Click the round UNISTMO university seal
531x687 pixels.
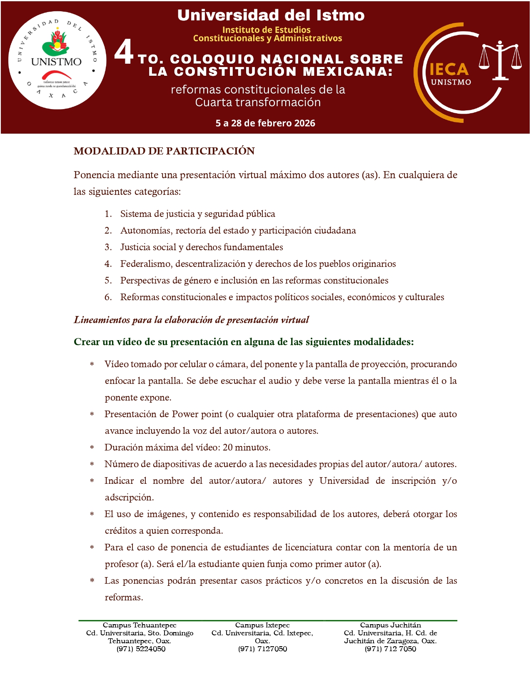(57, 61)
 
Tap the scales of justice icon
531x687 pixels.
(500, 61)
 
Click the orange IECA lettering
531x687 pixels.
(449, 69)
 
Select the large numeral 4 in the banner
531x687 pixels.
(124, 52)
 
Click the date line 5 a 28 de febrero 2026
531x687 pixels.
(265, 123)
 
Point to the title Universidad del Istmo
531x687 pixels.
(271, 15)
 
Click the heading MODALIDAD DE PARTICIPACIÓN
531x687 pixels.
(164, 151)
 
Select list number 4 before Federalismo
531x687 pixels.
(108, 264)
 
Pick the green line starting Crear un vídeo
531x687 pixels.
(244, 342)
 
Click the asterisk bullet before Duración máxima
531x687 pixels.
(92, 448)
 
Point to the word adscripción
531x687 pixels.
(129, 498)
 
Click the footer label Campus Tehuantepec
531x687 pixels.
(140, 625)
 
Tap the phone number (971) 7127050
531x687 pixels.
(262, 649)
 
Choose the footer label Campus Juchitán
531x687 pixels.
(390, 625)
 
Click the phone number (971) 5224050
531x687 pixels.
(141, 649)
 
